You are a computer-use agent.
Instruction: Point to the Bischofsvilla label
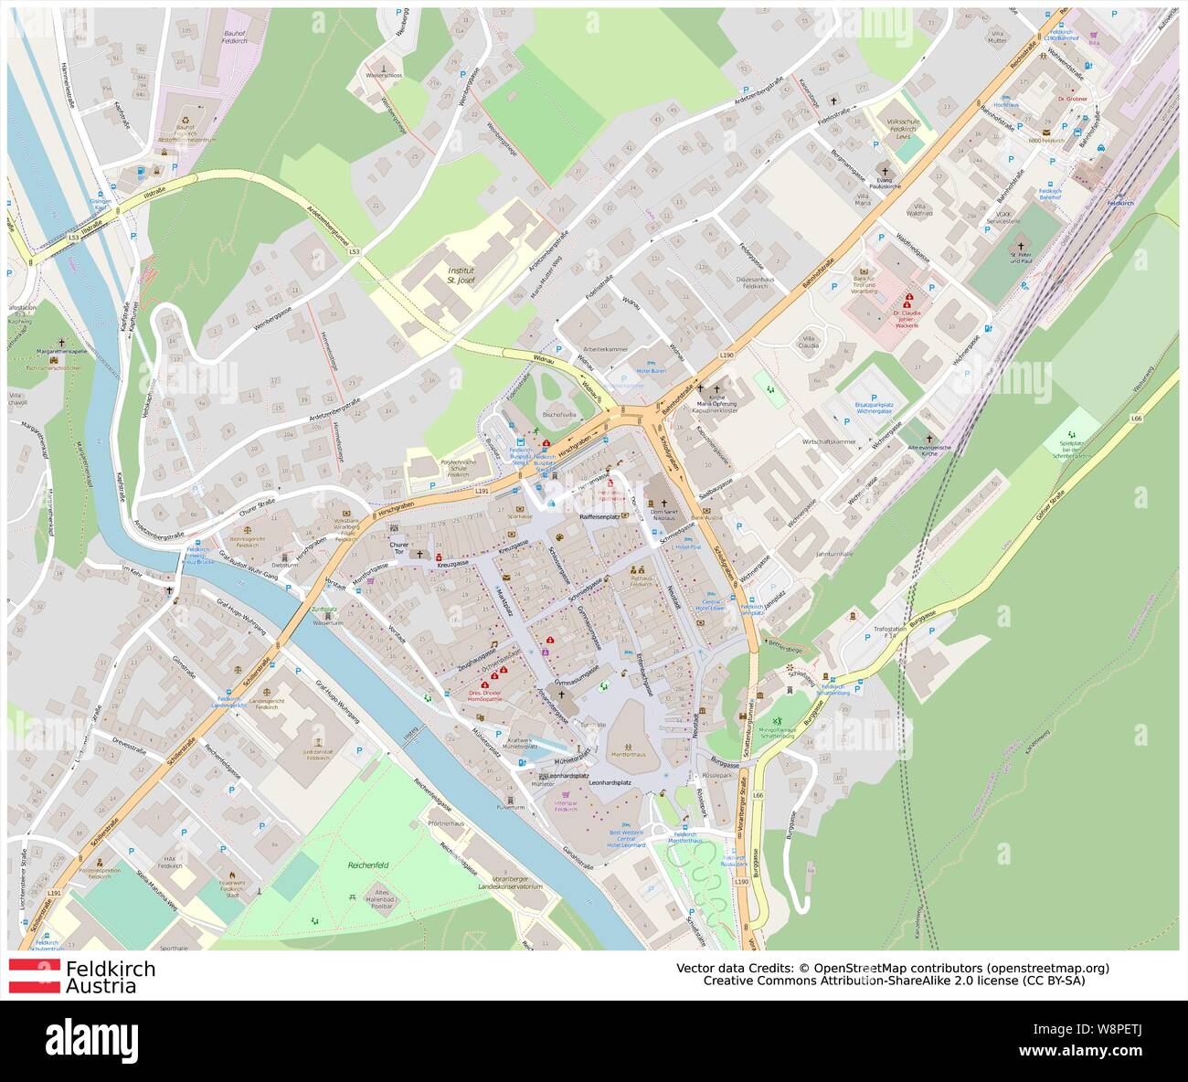click(559, 414)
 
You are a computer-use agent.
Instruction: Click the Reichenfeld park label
click(368, 865)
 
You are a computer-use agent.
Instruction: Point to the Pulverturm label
click(510, 808)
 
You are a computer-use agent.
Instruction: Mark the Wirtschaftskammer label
click(828, 441)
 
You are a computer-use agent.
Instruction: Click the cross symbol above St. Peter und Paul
click(1022, 247)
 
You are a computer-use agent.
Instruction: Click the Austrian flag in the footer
click(34, 976)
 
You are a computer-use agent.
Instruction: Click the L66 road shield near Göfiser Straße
click(1136, 418)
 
